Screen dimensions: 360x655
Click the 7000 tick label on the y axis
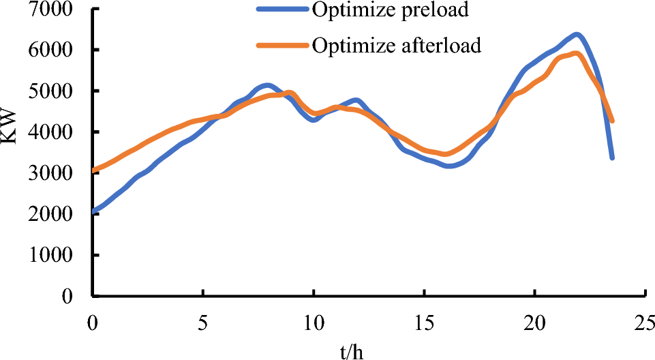[57, 10]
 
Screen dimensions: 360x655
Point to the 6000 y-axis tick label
[57, 50]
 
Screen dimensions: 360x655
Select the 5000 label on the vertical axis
[57, 91]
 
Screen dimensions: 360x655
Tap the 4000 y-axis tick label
[57, 132]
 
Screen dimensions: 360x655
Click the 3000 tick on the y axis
[57, 173]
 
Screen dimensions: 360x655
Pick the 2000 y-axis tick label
[57, 214]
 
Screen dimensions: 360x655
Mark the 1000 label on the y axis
[57, 256]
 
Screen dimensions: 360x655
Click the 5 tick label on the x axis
[202, 320]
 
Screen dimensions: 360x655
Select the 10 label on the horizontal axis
[314, 320]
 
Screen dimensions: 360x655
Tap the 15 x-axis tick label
[425, 320]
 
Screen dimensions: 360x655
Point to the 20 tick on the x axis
[536, 320]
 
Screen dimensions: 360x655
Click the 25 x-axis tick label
[646, 320]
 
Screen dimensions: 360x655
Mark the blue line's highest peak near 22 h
[577, 34]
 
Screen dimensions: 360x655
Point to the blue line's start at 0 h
[93, 211]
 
